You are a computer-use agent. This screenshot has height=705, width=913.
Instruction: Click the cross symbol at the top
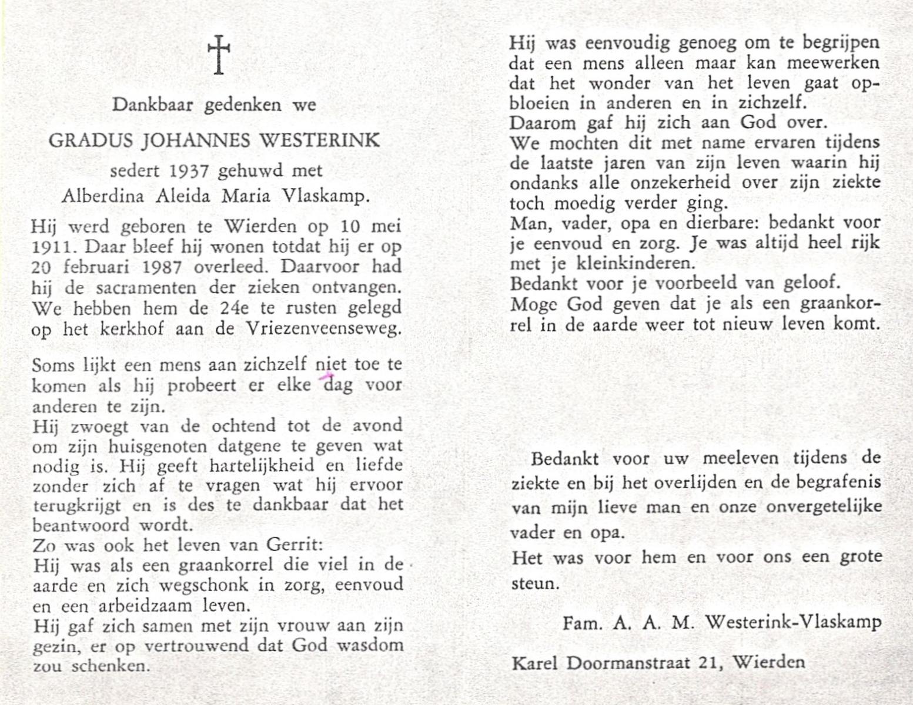pyautogui.click(x=219, y=55)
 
